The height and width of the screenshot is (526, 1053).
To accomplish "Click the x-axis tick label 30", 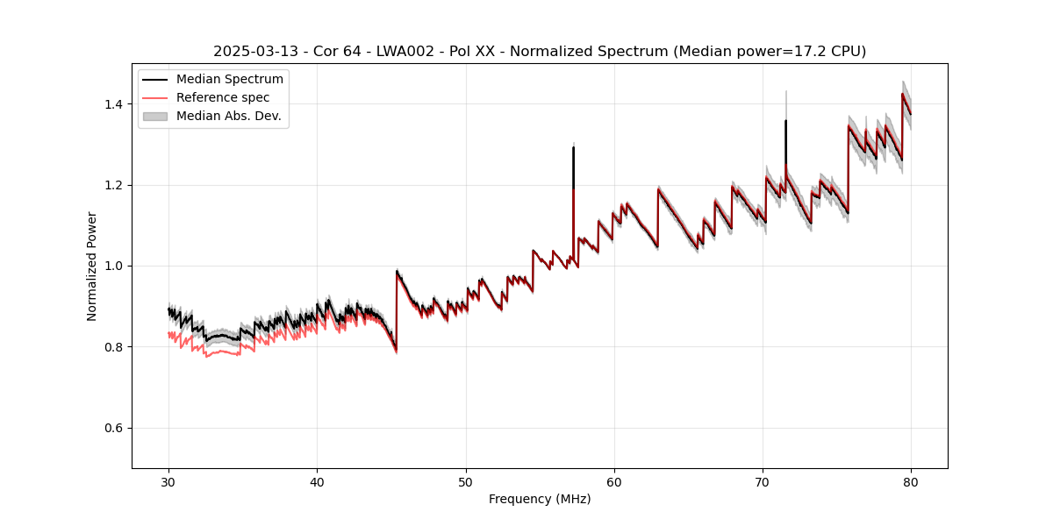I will (x=168, y=482).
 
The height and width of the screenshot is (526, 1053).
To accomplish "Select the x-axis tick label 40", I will (x=317, y=482).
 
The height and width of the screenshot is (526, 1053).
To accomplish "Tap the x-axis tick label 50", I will (x=466, y=482).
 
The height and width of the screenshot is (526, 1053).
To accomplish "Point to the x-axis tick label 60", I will (x=614, y=482).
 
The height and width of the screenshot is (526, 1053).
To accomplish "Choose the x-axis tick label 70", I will (x=763, y=482).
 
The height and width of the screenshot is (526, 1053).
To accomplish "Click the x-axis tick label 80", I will (x=911, y=482).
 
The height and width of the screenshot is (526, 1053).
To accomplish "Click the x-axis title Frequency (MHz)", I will (x=540, y=499).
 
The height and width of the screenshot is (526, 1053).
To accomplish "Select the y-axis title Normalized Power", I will (x=92, y=266).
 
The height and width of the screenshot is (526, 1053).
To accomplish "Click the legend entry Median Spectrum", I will (x=230, y=80).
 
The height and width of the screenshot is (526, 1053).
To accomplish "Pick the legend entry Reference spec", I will (x=223, y=97).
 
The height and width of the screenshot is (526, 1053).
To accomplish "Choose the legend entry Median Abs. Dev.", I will (x=229, y=116).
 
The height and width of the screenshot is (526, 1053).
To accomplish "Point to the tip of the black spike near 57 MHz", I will (x=574, y=147).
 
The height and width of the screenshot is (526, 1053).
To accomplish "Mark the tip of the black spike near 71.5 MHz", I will (x=785, y=121).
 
